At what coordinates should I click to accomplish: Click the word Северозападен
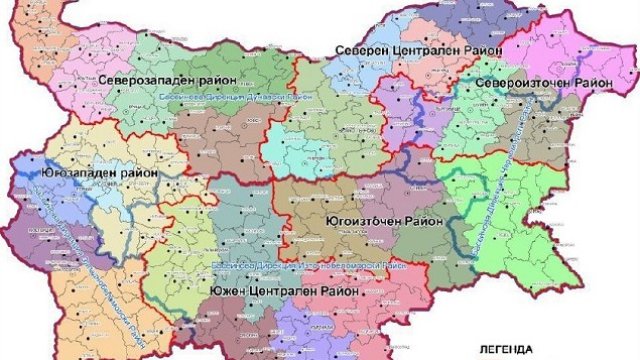click(141, 78)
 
